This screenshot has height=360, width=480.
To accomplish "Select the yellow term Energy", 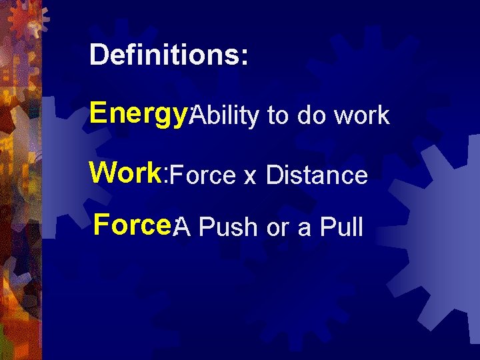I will click(x=139, y=113).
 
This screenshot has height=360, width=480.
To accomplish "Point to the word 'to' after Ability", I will click(x=277, y=116).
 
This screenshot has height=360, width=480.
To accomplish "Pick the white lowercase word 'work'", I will click(x=362, y=116).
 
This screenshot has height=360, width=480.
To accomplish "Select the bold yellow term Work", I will click(x=126, y=172).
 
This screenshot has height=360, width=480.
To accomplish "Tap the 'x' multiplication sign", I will click(x=250, y=177).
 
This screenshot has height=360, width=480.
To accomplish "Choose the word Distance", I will click(x=317, y=175).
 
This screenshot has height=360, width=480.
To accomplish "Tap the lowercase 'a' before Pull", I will click(x=304, y=229).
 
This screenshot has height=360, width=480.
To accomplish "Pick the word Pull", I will click(x=341, y=227).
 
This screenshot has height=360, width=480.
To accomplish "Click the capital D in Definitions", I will click(x=99, y=55).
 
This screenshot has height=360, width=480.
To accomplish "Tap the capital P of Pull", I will click(x=327, y=227).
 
